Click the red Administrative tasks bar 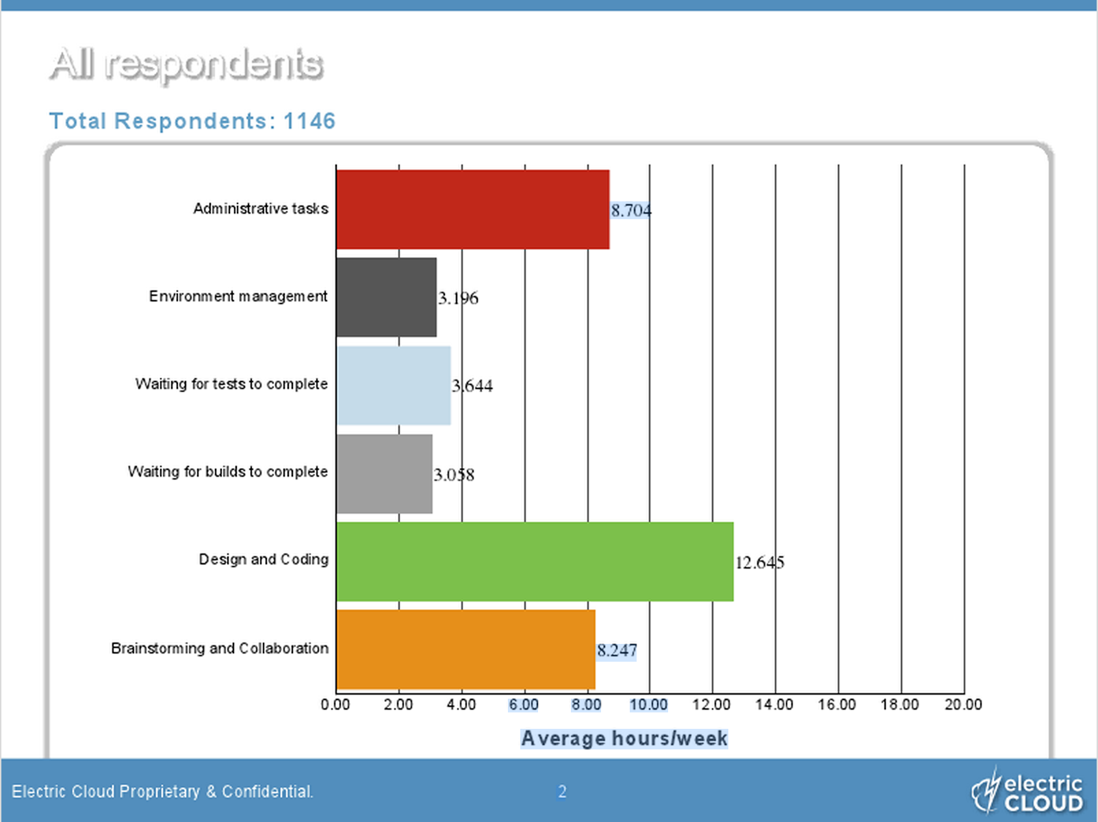(472, 210)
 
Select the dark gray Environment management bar (386, 297)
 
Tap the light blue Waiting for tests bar (394, 385)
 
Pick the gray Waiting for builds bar (384, 473)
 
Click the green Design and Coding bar (535, 562)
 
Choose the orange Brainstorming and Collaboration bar (465, 649)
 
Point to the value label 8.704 (631, 210)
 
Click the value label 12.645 (760, 562)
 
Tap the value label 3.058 (454, 475)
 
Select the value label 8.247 (617, 650)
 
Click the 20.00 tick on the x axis (963, 705)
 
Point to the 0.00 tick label (335, 705)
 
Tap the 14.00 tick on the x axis (774, 705)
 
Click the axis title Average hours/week (624, 738)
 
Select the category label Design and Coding (264, 560)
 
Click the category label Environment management (238, 297)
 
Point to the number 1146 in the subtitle (309, 121)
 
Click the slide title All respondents (186, 64)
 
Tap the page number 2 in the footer (562, 792)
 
